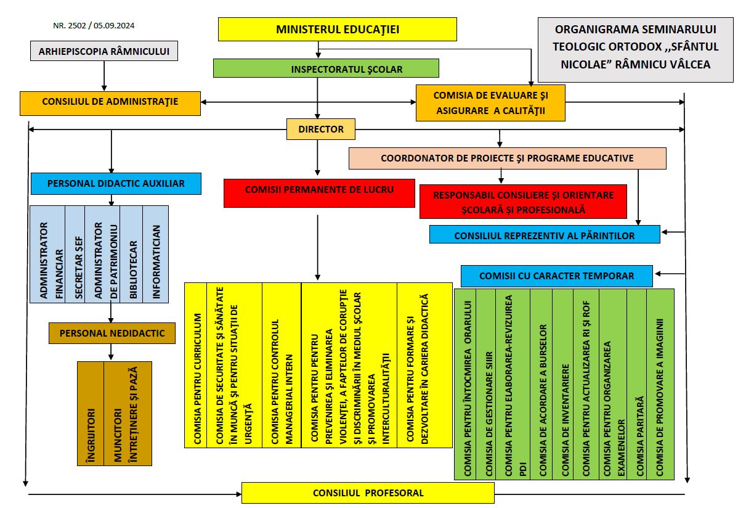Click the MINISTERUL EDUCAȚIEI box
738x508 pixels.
pos(338,29)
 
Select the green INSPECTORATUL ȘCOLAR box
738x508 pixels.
pos(326,68)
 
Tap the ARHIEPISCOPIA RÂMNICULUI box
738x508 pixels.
pos(104,51)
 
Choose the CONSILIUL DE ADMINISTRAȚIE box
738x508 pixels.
pos(110,102)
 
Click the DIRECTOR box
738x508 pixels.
pos(321,129)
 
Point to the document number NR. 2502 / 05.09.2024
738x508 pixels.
pos(94,26)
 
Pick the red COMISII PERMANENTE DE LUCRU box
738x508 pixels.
pos(319,192)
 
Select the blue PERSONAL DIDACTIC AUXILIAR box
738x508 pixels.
pos(116,182)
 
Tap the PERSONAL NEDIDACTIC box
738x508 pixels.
pos(112,333)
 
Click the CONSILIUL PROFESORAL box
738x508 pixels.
pos(368,493)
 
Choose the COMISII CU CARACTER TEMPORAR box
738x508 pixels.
pos(556,276)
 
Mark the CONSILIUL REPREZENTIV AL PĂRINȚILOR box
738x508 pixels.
pos(544,235)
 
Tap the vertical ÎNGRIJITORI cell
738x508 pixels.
pos(90,413)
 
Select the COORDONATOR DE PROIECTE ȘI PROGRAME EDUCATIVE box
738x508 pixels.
pos(507,158)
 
